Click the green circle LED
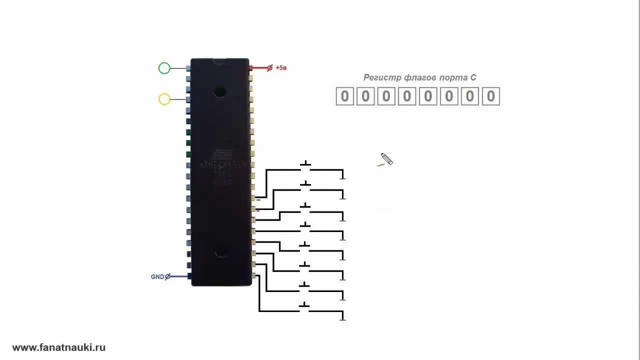164,68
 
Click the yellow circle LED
164,99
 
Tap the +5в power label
281,67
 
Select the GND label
157,276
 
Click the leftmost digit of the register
344,96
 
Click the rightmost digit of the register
491,96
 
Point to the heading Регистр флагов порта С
419,77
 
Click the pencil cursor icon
386,159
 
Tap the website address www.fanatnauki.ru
58,347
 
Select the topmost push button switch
305,165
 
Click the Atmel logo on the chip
223,154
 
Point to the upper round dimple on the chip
219,91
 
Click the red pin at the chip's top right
250,67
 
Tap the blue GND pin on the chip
189,276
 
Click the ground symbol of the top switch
342,175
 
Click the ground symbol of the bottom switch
342,316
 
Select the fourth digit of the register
407,96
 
